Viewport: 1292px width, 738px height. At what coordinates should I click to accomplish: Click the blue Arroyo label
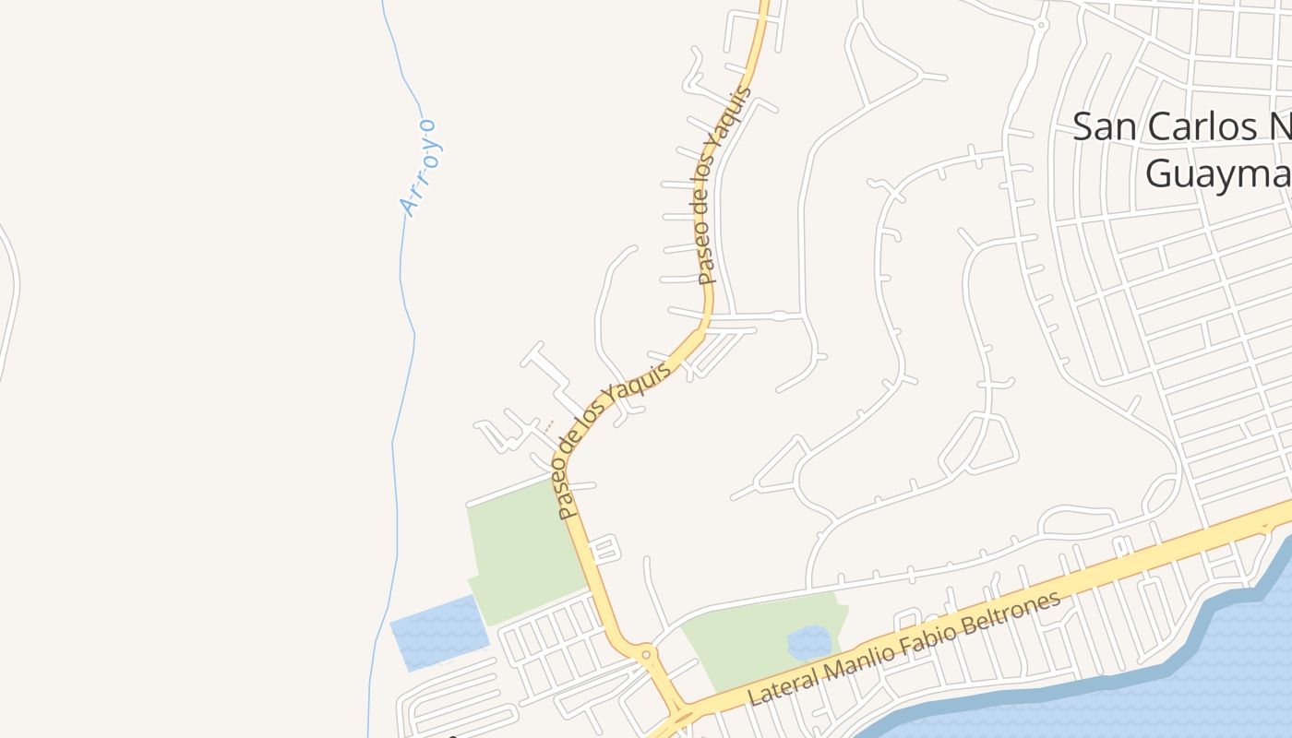420,167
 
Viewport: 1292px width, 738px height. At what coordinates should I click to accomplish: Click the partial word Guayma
1216,173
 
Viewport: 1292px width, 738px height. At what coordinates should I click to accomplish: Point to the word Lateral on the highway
785,684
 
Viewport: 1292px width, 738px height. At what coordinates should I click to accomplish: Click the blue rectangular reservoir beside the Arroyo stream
439,632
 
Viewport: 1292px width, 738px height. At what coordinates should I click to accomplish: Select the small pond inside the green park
808,642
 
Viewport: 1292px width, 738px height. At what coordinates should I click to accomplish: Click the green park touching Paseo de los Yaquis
521,549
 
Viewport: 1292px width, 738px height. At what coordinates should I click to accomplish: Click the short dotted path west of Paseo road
547,426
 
